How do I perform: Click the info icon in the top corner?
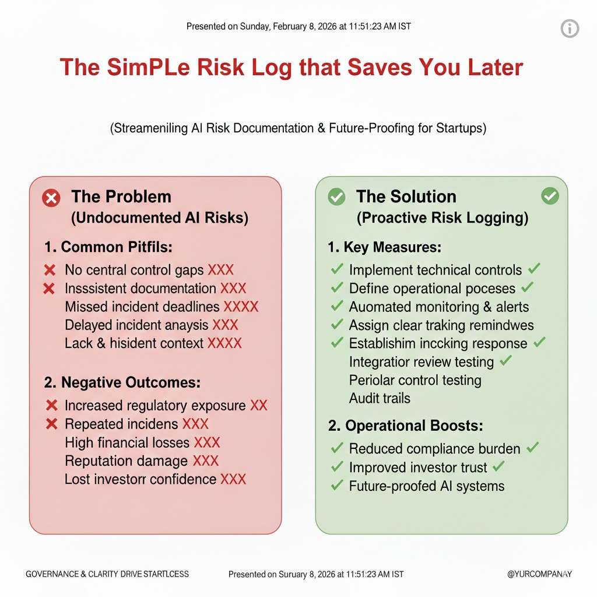tap(570, 29)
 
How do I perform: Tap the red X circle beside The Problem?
tap(51, 198)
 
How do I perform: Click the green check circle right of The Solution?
tap(550, 196)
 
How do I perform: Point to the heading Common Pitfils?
tap(108, 247)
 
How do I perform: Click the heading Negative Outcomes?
tap(122, 382)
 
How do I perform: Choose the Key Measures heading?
tap(385, 247)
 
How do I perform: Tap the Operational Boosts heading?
tap(406, 426)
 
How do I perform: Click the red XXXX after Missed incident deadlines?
tap(241, 307)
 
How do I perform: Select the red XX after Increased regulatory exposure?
tap(259, 406)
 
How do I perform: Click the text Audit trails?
tap(380, 398)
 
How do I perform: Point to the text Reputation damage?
tap(126, 461)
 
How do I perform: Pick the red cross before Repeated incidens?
tap(51, 424)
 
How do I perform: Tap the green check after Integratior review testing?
tap(505, 360)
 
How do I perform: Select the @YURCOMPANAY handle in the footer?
tap(539, 574)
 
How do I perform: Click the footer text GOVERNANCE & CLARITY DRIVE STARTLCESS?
tap(107, 574)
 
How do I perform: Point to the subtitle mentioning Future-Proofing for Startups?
tap(298, 128)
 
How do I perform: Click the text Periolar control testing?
tap(415, 380)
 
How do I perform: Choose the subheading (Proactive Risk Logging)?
tap(443, 218)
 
